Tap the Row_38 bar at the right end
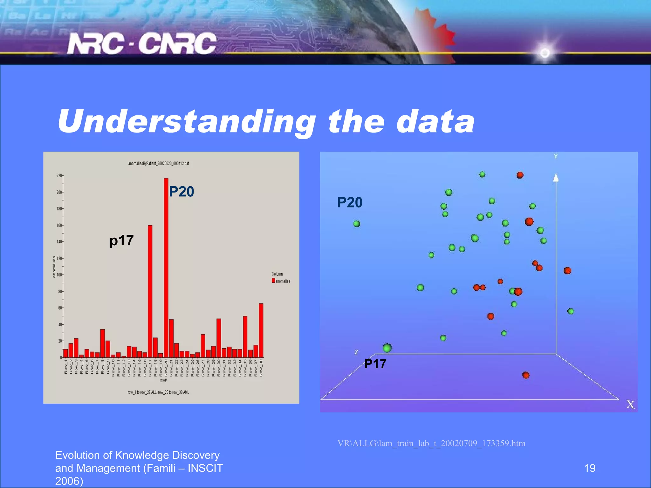point(261,330)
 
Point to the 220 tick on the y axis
point(59,176)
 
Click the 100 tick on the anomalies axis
point(59,275)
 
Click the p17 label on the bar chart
point(121,241)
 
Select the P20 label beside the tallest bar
point(182,192)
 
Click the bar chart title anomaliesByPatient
point(159,164)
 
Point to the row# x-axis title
point(163,381)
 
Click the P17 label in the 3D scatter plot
point(375,364)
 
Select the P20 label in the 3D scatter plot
point(350,202)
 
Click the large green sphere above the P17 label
point(387,348)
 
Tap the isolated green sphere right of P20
point(357,224)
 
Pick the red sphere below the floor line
point(526,375)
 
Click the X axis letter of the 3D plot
point(630,404)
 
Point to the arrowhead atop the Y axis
point(556,178)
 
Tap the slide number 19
point(590,468)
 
